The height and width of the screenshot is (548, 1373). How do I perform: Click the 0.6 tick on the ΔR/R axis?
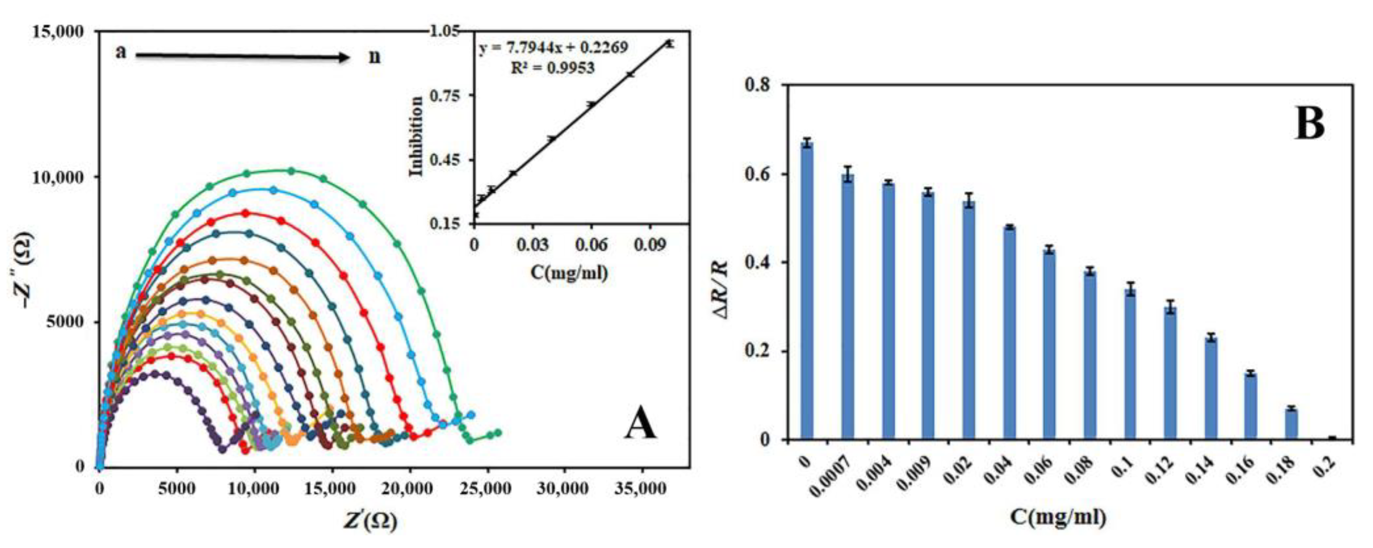(764, 174)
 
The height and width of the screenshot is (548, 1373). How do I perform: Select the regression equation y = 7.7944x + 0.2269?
(553, 48)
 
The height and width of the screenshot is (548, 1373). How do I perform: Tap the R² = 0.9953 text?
(553, 68)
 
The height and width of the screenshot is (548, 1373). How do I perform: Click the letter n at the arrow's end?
(375, 56)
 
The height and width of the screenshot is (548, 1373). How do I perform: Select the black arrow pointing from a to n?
(242, 57)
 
